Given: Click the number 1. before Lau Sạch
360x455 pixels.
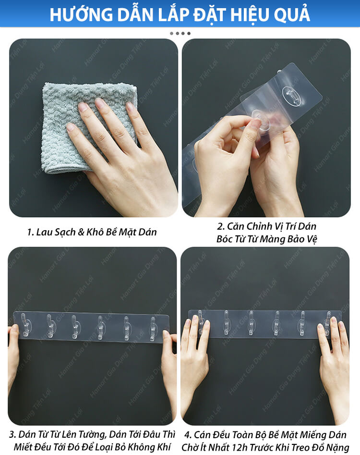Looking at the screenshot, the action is [x=30, y=232].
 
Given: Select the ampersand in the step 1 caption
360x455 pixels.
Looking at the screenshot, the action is [x=81, y=232].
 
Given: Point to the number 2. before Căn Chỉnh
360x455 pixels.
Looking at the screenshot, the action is [x=221, y=226].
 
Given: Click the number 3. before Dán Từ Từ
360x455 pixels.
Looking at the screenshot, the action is [x=12, y=434].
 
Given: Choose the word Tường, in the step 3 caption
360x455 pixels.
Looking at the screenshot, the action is [x=92, y=434].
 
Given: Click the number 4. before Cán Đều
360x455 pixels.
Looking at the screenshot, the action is [x=188, y=435].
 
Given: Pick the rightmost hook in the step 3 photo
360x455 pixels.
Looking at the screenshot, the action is [x=153, y=329].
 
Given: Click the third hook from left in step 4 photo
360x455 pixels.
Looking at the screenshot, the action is [x=251, y=323].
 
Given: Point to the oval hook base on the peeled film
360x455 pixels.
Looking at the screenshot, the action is [x=291, y=95].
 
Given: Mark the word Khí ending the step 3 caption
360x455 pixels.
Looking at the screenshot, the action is [x=164, y=447].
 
